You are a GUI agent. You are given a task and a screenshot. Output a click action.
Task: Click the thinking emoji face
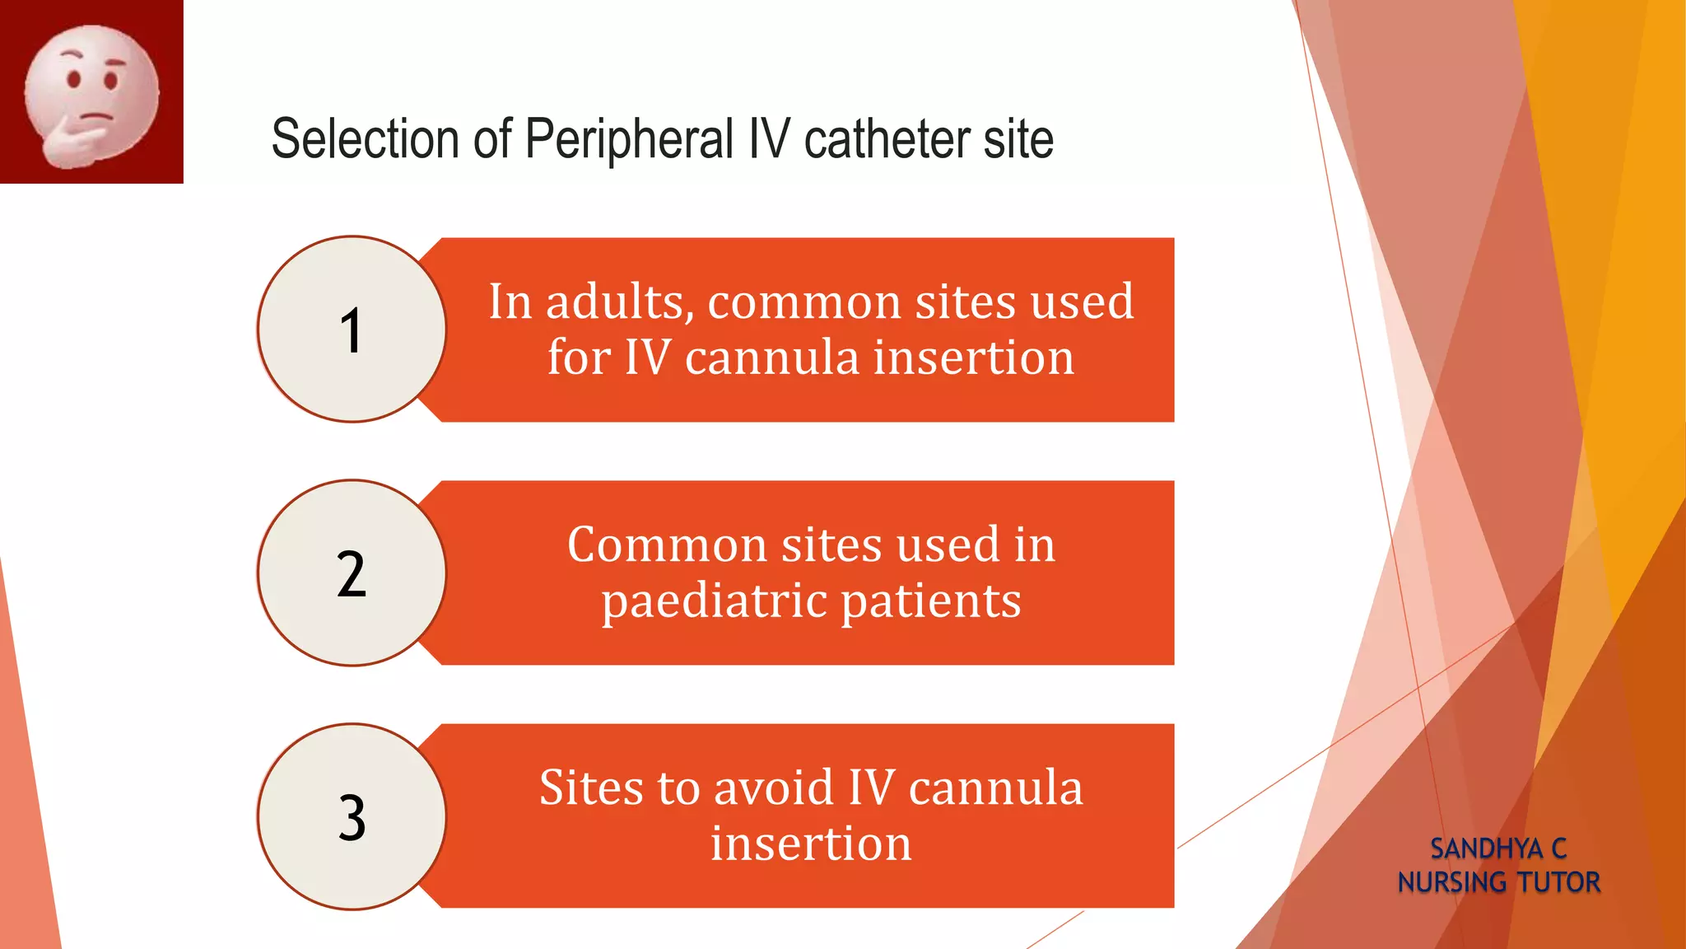[91, 93]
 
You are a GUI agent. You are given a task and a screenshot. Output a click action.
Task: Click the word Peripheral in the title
[629, 138]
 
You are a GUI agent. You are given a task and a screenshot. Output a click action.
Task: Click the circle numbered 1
[352, 330]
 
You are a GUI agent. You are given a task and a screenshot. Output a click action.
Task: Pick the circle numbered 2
[352, 573]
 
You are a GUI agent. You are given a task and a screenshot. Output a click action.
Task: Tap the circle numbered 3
[352, 817]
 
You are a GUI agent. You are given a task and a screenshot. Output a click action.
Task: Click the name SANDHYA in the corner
[1486, 848]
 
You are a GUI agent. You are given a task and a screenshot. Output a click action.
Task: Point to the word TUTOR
[1558, 882]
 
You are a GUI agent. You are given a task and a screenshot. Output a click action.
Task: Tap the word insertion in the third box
[811, 844]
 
